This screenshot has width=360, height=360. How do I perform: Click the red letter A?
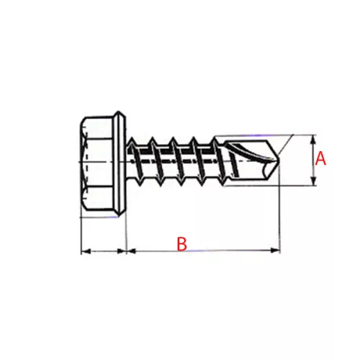click(320, 158)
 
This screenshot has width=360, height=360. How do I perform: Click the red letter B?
click(181, 244)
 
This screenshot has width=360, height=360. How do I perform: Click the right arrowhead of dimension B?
click(275, 251)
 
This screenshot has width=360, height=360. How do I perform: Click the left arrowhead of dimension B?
click(131, 251)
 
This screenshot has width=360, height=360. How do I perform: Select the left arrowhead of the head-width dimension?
click(86, 251)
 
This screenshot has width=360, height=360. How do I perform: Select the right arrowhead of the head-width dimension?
click(121, 251)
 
